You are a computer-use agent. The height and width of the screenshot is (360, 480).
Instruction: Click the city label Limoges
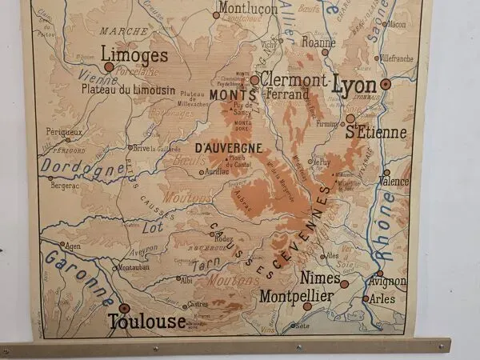[136, 55]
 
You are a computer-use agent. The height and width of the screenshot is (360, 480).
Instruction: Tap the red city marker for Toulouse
[124, 307]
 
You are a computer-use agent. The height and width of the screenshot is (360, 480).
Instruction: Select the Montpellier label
[296, 295]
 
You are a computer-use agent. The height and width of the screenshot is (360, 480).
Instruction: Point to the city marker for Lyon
[386, 83]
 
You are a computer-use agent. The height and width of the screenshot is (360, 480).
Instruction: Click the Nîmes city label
[320, 278]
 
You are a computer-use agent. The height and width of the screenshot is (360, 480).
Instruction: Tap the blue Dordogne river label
[83, 167]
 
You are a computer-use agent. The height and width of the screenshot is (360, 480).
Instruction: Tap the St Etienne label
[376, 132]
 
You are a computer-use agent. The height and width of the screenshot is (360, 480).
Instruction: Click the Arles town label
[383, 299]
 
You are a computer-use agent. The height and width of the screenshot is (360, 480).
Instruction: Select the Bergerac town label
[66, 185]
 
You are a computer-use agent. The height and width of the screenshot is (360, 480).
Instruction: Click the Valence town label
[394, 182]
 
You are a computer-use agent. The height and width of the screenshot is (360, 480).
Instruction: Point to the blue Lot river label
[153, 227]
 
